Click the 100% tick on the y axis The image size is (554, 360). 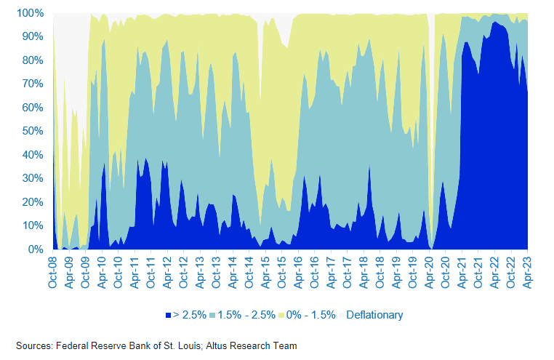[x=30, y=13]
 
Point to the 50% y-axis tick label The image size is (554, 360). [x=33, y=131]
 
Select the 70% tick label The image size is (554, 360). [x=33, y=84]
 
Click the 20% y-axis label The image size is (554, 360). [x=33, y=201]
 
